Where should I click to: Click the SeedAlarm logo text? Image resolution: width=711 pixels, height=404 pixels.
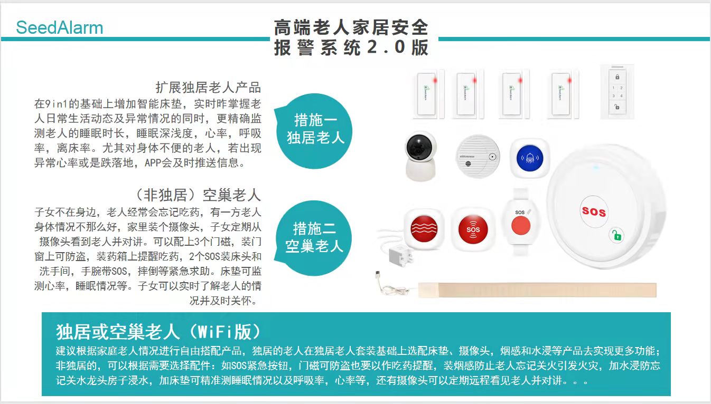[x=60, y=27]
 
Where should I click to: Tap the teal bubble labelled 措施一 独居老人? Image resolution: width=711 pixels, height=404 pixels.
[x=314, y=131]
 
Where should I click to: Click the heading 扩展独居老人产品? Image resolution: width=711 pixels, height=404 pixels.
[x=208, y=88]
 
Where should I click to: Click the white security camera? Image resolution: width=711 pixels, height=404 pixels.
[x=421, y=156]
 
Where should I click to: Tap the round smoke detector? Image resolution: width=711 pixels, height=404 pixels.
[x=478, y=157]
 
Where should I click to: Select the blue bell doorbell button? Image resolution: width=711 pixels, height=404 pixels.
[x=530, y=158]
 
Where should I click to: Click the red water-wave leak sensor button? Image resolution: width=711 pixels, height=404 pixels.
[x=424, y=228]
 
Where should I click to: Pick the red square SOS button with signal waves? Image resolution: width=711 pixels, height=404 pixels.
[x=473, y=229]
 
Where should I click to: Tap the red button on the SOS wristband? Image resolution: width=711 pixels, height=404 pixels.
[x=520, y=226]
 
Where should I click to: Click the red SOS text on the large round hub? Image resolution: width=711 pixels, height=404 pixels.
[x=594, y=211]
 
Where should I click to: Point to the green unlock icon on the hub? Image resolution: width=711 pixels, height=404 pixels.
[x=617, y=235]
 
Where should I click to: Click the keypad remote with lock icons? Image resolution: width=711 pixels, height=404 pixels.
[x=617, y=92]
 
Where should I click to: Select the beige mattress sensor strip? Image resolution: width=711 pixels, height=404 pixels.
[x=537, y=290]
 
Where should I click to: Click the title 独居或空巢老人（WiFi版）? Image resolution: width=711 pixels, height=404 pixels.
[x=158, y=332]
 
